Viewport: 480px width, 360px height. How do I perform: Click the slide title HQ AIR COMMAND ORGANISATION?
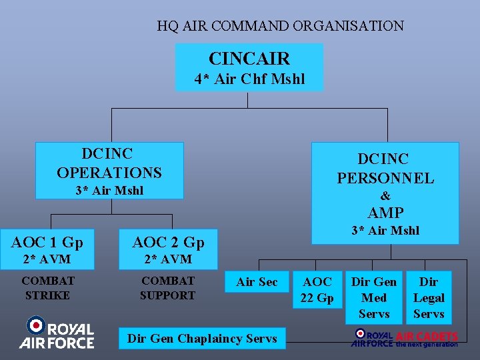280,27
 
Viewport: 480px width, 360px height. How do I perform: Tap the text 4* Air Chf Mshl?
249,79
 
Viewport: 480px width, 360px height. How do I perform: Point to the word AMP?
385,213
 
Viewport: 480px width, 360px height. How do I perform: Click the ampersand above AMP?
385,196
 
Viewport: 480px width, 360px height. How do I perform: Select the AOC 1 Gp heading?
47,241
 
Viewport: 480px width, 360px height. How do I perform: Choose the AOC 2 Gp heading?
168,242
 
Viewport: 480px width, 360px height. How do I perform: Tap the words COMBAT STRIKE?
48,288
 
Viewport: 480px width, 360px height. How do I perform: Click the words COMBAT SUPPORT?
168,288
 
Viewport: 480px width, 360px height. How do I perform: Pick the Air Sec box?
257,282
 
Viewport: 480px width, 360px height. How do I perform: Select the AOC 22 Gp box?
317,290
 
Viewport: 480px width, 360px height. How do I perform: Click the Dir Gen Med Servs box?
374,298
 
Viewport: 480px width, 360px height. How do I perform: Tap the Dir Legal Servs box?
429,298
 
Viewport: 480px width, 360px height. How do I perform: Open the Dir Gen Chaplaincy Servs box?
202,339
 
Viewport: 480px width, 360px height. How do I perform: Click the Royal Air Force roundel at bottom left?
35,326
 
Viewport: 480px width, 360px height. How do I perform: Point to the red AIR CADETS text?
427,336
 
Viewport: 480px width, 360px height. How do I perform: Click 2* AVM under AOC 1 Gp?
47,259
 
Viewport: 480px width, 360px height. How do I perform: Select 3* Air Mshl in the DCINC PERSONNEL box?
385,231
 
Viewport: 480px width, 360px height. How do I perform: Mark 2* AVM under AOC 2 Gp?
168,259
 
